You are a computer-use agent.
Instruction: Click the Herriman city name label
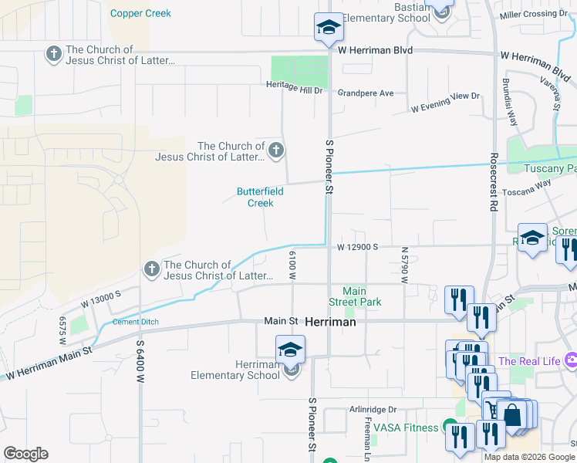[x=331, y=322]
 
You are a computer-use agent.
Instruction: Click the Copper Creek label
[x=140, y=13]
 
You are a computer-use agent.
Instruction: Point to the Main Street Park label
[x=362, y=297]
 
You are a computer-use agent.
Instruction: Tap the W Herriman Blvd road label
[x=375, y=50]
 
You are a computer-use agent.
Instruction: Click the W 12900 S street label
[x=356, y=247]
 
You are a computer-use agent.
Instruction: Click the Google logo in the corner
[x=25, y=454]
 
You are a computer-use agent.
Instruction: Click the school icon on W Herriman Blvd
[x=329, y=28]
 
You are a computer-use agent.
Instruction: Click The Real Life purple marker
[x=571, y=360]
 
